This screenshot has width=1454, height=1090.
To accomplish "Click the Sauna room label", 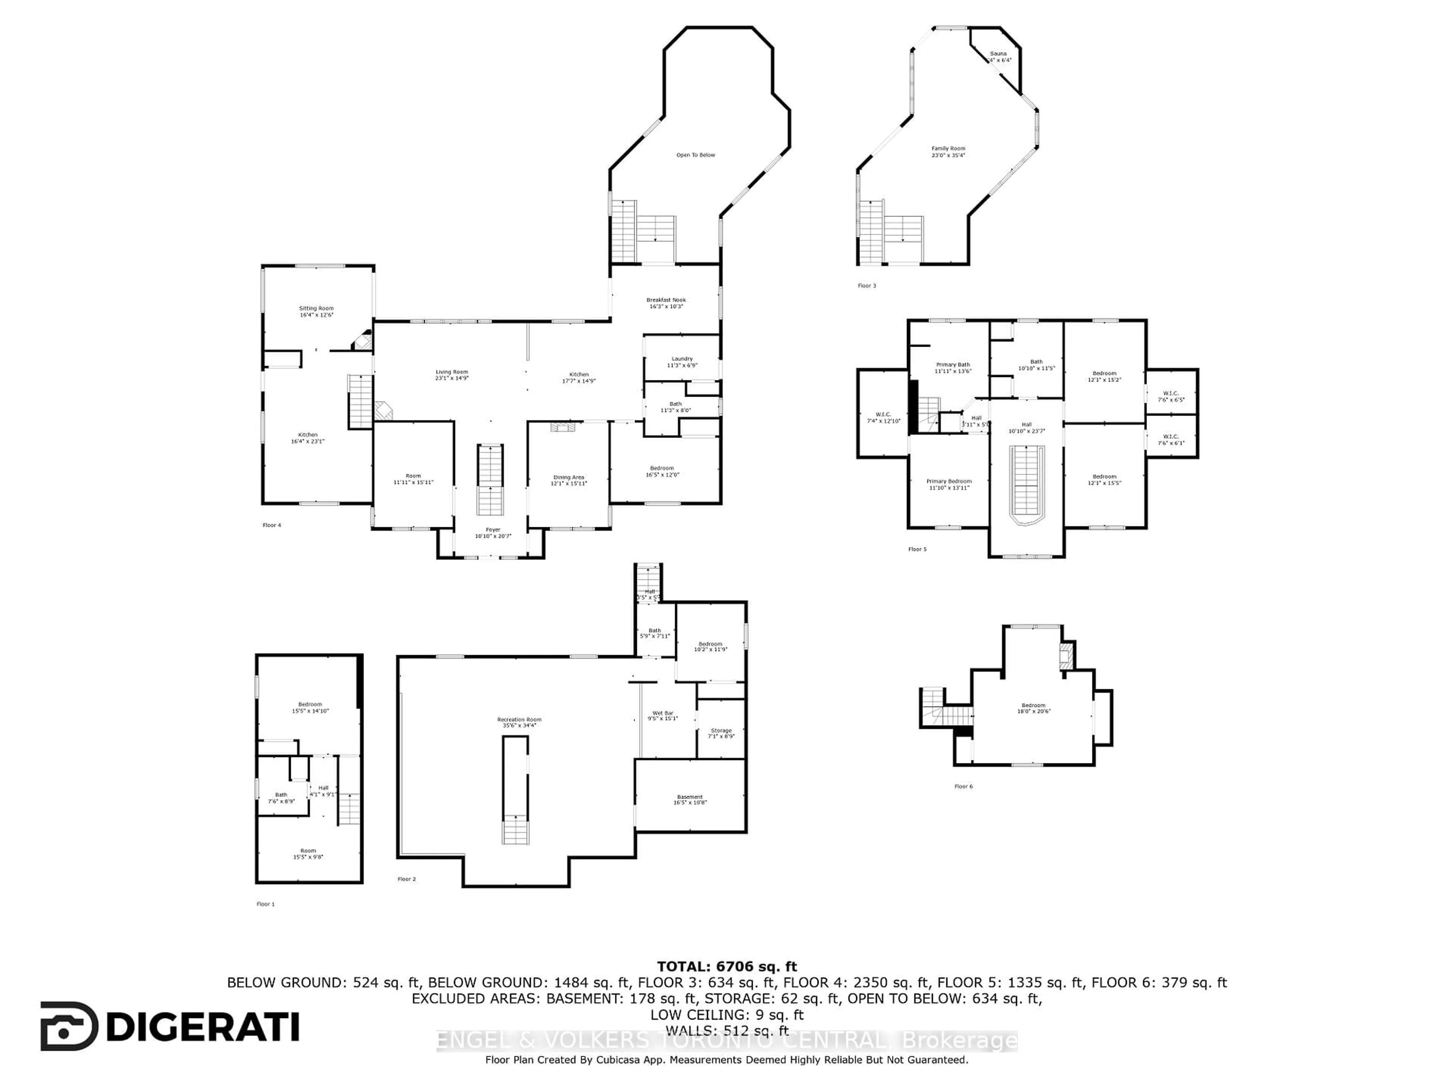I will pyautogui.click(x=998, y=56).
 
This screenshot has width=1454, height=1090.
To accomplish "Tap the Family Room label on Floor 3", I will pyautogui.click(x=948, y=152).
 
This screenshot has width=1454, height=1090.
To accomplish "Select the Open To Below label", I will pyautogui.click(x=696, y=155).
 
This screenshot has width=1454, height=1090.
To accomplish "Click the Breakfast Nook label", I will pyautogui.click(x=666, y=303).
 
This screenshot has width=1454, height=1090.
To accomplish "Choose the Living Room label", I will pyautogui.click(x=452, y=375).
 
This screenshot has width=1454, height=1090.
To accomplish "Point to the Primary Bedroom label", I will pyautogui.click(x=949, y=484).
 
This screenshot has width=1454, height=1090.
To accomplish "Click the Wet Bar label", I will pyautogui.click(x=663, y=715).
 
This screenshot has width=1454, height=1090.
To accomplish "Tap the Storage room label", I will pyautogui.click(x=721, y=733).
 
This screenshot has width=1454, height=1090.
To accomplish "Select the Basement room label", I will pyautogui.click(x=690, y=800).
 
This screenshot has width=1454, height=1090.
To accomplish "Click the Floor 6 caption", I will pyautogui.click(x=964, y=786).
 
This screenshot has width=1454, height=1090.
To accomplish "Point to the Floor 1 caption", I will pyautogui.click(x=265, y=904).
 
